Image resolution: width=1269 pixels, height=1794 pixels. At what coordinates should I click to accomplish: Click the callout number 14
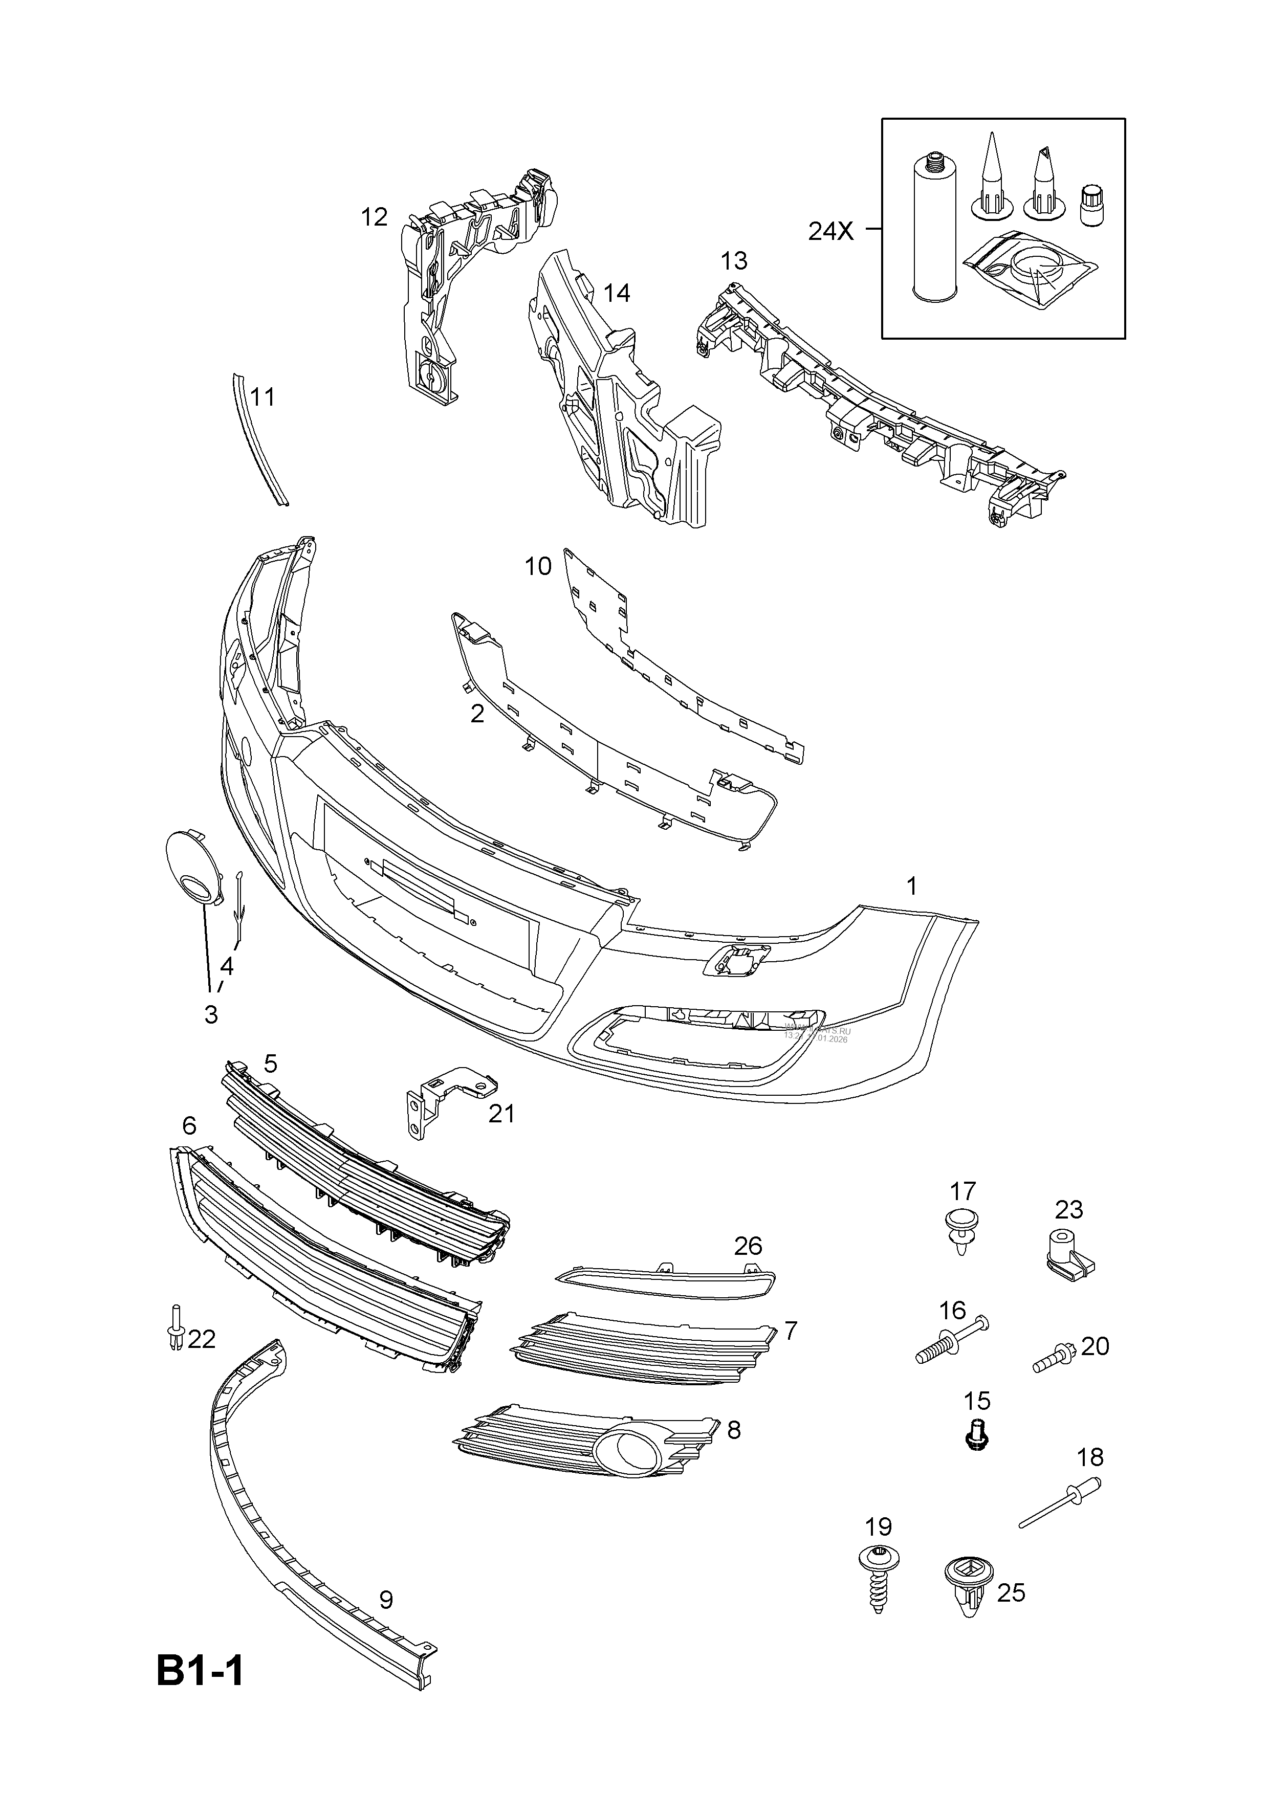point(617,293)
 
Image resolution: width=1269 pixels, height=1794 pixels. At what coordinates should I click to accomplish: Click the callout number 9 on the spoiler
point(385,1600)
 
